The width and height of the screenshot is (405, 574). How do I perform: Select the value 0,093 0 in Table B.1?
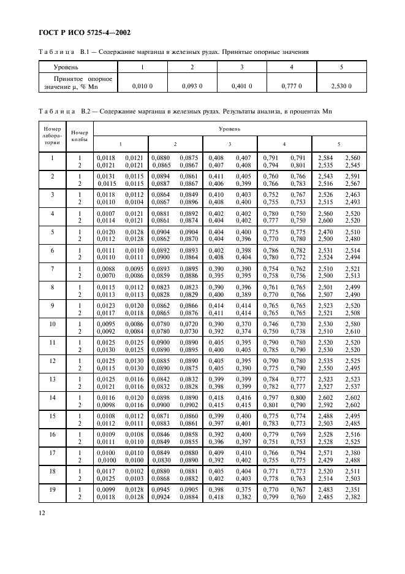(x=192, y=86)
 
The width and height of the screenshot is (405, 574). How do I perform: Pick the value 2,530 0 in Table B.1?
(x=341, y=86)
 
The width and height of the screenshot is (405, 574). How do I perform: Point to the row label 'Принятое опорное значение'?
(x=77, y=83)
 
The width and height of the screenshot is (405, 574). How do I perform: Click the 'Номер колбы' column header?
(x=79, y=136)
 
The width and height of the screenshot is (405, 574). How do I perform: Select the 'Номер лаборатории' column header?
(x=52, y=136)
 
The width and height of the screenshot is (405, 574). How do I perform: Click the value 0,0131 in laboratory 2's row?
(x=105, y=175)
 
